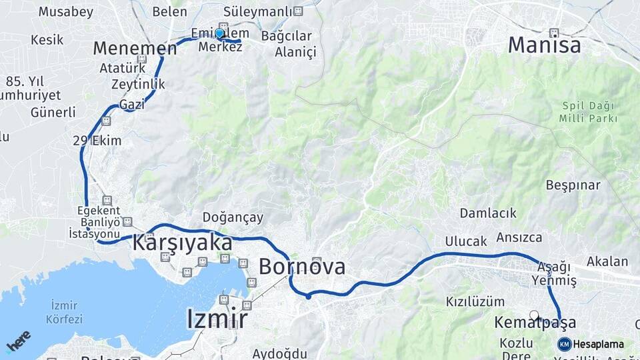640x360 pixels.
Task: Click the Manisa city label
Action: [544, 45]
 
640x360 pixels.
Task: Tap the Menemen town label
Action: [135, 48]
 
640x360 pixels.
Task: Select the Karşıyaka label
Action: [182, 243]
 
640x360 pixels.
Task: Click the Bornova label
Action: [302, 267]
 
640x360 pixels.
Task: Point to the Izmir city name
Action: [217, 319]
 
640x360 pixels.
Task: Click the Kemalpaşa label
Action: [535, 323]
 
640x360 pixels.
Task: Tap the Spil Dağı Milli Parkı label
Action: [589, 112]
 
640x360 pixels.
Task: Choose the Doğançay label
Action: [233, 217]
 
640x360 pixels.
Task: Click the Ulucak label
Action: [466, 241]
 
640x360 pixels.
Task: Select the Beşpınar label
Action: [573, 185]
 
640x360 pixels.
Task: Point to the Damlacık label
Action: [488, 213]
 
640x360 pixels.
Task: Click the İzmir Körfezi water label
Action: [64, 312]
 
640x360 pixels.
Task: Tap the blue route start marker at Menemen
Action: [219, 33]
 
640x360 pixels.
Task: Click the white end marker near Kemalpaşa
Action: [533, 314]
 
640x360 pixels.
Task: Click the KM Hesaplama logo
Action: [591, 344]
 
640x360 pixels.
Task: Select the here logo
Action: [18, 340]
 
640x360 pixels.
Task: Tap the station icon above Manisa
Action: [553, 32]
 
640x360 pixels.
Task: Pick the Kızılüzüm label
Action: [475, 301]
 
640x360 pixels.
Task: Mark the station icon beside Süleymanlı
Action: [298, 11]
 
